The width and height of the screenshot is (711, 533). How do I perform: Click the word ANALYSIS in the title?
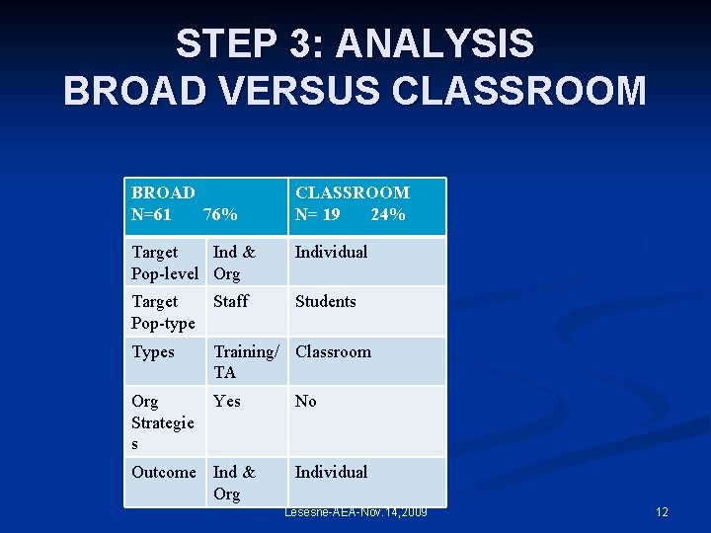pyautogui.click(x=434, y=44)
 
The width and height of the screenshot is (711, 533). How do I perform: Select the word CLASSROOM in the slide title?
pyautogui.click(x=519, y=91)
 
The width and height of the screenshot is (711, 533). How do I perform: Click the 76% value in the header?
pyautogui.click(x=219, y=214)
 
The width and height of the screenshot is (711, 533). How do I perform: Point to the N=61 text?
pyautogui.click(x=151, y=214)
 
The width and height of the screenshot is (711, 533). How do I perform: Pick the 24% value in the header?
pyautogui.click(x=387, y=214)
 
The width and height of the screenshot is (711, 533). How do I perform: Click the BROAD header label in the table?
pyautogui.click(x=163, y=192)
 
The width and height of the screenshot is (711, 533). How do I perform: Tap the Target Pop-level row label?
pyautogui.click(x=165, y=263)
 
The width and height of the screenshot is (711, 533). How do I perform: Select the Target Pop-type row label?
pyautogui.click(x=163, y=312)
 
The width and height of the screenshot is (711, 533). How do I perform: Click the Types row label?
pyautogui.click(x=152, y=352)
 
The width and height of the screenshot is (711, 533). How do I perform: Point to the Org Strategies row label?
pyautogui.click(x=163, y=422)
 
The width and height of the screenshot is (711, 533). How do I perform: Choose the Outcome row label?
pyautogui.click(x=164, y=472)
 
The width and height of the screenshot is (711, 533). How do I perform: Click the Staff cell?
pyautogui.click(x=231, y=301)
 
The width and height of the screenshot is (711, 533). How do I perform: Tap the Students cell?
pyautogui.click(x=325, y=301)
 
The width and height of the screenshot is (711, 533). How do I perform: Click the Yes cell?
pyautogui.click(x=226, y=401)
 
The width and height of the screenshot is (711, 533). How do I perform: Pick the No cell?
pyautogui.click(x=306, y=401)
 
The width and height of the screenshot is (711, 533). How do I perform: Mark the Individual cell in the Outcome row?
pyautogui.click(x=331, y=472)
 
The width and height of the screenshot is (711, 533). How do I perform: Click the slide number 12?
pyautogui.click(x=662, y=512)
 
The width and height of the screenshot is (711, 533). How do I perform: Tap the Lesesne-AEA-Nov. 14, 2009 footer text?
pyautogui.click(x=355, y=512)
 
